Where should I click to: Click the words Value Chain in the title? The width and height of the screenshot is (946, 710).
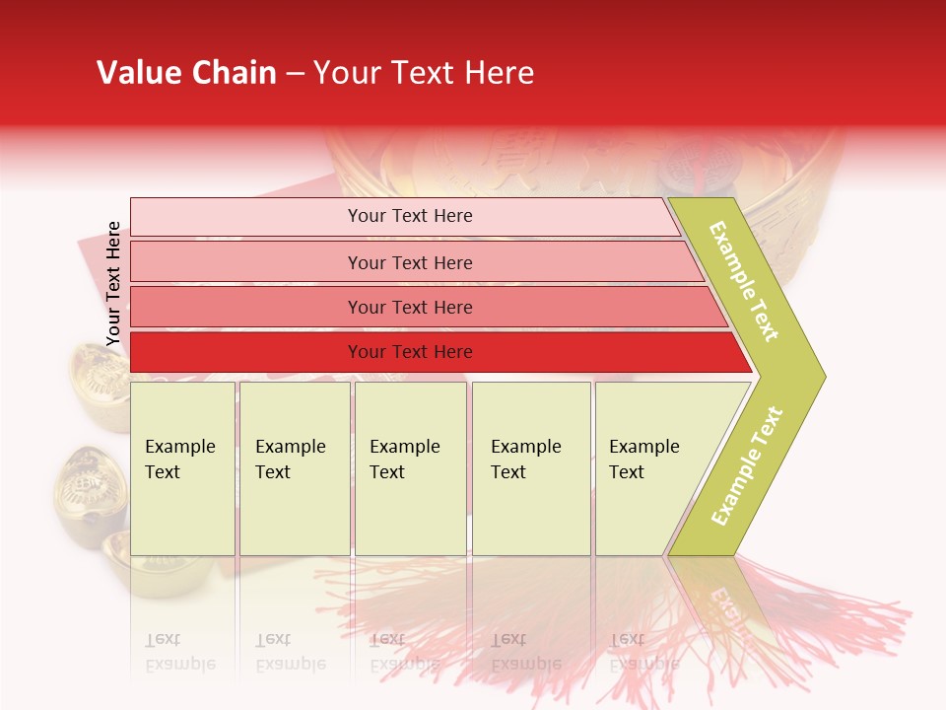186,73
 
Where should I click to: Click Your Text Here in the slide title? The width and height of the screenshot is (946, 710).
424,73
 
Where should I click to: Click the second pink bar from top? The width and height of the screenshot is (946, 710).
409,262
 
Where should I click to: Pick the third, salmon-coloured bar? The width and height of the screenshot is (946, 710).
409,307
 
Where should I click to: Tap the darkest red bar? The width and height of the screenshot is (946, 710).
409,352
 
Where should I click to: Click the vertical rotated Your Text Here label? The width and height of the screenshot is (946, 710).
113,284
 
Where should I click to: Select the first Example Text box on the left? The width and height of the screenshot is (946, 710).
182,467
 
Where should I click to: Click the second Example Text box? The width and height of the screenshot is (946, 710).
294,467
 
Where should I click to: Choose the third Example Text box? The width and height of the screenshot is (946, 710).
409,467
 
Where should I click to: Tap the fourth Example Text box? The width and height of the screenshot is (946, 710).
530,467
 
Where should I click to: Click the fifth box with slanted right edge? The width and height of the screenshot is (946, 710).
650,467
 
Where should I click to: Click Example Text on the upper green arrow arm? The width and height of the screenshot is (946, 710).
745,281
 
